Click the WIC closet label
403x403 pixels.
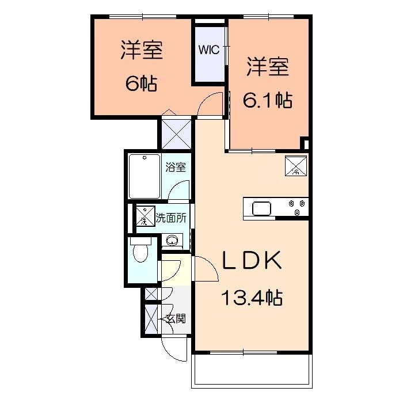point(209,50)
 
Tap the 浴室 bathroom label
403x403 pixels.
point(176,168)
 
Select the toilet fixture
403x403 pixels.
point(140,252)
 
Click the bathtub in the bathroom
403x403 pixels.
point(144,176)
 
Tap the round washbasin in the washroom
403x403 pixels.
point(171,240)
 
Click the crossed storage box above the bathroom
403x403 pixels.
point(175,132)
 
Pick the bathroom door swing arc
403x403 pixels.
point(181,192)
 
